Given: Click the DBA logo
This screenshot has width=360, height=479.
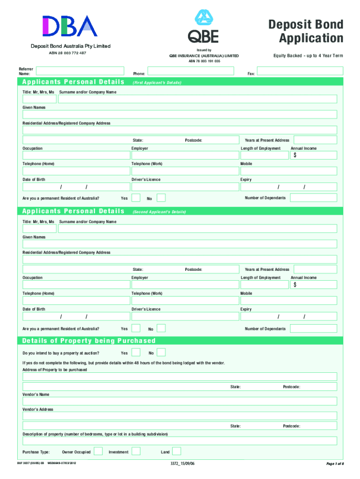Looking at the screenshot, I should pos(70,26).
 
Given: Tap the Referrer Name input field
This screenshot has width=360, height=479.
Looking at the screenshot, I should pos(80,71).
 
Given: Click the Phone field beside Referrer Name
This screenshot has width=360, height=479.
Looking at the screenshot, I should pos(190,71).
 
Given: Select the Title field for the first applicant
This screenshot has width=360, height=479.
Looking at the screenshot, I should pos(39,99).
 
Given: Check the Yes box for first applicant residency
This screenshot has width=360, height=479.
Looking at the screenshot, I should pos(136,198).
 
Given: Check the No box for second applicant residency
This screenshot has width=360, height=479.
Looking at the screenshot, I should pos(161,328).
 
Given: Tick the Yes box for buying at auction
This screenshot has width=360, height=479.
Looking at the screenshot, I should pos(136,352).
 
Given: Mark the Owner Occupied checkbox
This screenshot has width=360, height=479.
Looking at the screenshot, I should pos(98,451).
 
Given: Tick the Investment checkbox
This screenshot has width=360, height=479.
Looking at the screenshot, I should pos(136,451).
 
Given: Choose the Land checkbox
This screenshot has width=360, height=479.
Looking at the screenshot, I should pos(177,451).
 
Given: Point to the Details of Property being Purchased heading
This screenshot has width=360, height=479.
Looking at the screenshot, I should pos(89,341).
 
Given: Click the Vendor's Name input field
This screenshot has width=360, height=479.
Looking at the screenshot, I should pos(180,401).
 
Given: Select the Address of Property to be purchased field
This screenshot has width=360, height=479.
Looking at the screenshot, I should pos(180,377).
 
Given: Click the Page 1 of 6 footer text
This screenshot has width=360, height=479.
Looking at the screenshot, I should pos(334,464).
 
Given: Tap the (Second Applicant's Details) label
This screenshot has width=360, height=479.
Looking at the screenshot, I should pos(159,212).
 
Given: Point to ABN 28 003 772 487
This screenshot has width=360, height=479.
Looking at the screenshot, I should pos(68,53).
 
